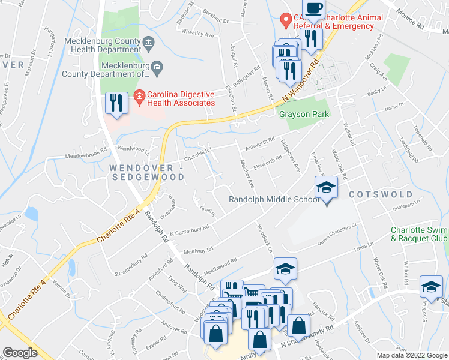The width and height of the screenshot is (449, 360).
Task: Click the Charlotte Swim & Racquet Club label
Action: pyautogui.click(x=418, y=234)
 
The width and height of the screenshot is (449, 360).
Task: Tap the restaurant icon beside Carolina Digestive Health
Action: pyautogui.click(x=116, y=103)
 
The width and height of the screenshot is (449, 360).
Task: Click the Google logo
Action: pyautogui.click(x=20, y=353)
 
